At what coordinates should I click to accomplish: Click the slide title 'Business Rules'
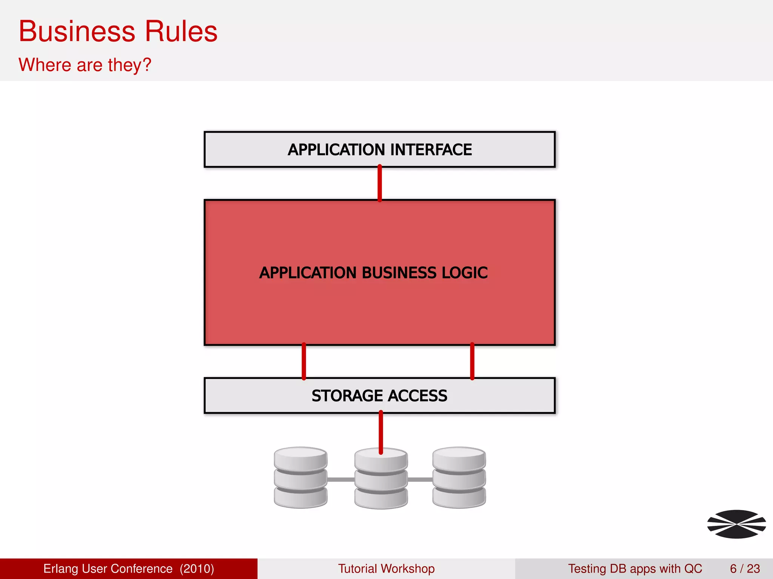(x=118, y=32)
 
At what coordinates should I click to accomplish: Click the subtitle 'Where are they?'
(x=85, y=65)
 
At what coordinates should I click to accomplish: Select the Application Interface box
(x=379, y=149)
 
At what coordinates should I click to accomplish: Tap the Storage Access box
(x=379, y=395)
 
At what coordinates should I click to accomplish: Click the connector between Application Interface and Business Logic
(x=380, y=183)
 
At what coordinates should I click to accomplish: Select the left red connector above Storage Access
(x=304, y=361)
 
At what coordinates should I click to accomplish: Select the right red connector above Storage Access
(x=472, y=361)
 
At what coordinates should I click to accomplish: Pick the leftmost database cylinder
(x=300, y=478)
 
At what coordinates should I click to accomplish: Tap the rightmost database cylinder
(x=459, y=478)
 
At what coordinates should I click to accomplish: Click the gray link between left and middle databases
(x=340, y=479)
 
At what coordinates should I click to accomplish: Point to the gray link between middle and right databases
(x=420, y=479)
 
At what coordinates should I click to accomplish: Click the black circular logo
(x=736, y=524)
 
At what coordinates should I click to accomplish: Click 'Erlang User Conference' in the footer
(x=108, y=568)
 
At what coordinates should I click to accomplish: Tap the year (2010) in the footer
(x=197, y=568)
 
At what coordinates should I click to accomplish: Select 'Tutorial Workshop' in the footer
(x=386, y=568)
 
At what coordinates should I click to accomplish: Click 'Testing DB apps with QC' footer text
(x=635, y=568)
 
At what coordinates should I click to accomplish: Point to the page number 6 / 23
(x=745, y=568)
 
